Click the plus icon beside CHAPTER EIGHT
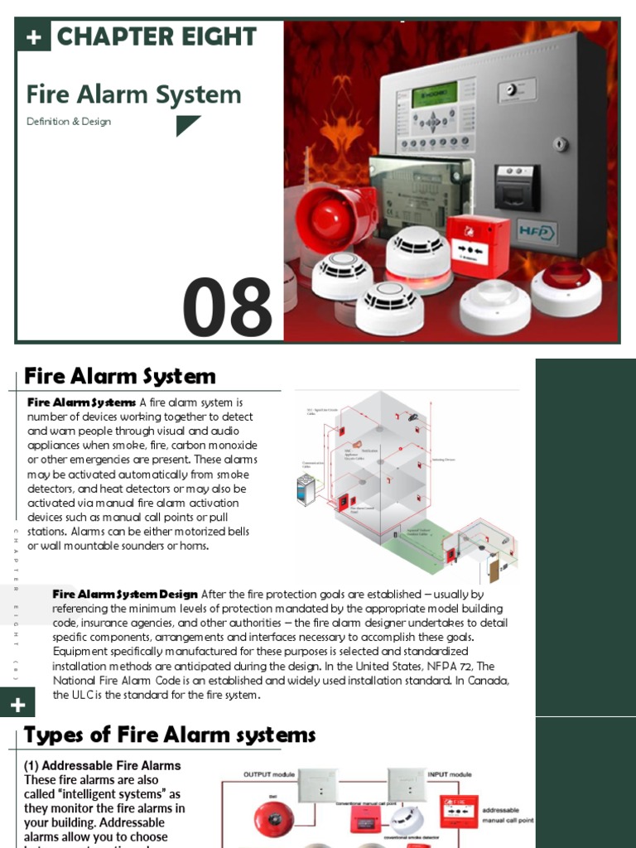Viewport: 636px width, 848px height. [x=33, y=36]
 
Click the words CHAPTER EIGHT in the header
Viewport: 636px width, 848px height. [x=157, y=36]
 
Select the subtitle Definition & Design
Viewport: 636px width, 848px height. [x=69, y=121]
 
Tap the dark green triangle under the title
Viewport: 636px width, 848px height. [x=186, y=125]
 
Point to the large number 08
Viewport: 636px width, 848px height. [x=228, y=308]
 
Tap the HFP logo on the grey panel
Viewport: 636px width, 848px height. [x=537, y=232]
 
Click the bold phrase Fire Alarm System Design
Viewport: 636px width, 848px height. [x=125, y=594]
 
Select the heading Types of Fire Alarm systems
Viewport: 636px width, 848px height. [x=170, y=735]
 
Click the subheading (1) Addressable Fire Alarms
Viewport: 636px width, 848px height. [x=103, y=765]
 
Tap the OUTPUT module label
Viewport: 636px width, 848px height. [x=268, y=774]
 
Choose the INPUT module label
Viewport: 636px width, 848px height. [x=450, y=774]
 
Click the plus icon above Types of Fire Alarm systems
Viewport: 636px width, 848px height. [x=18, y=705]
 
